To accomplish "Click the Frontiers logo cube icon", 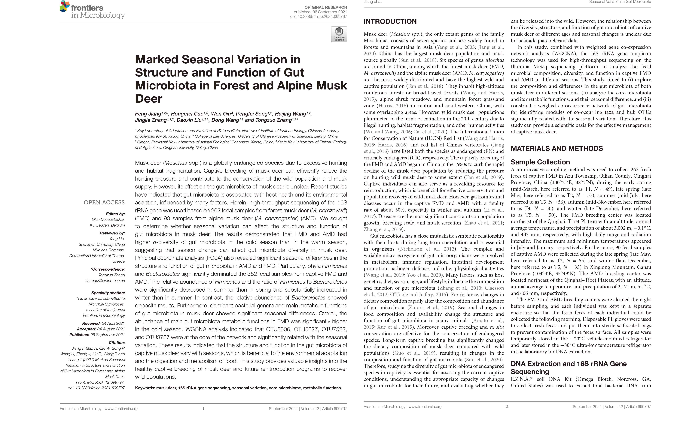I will (65, 6).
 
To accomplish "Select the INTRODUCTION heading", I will (390, 22).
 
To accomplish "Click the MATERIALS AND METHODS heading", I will (557, 148).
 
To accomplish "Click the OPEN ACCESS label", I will (104, 202).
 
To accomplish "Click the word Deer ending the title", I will (148, 99).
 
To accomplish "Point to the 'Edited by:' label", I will (115, 214).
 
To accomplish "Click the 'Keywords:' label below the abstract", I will (145, 388).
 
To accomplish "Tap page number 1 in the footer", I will (203, 409).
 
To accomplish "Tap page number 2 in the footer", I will (507, 407).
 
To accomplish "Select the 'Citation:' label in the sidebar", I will (117, 343).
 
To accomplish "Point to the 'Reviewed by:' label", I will (112, 233).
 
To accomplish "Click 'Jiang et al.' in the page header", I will (373, 2).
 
